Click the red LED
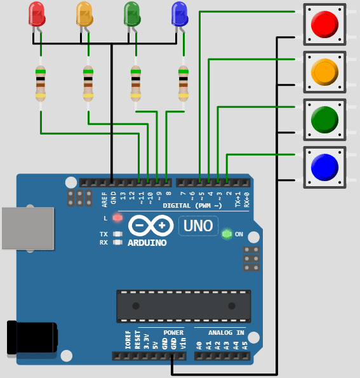coord(37,14)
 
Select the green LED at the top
coord(132,14)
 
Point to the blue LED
coord(180,14)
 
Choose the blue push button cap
coord(324,167)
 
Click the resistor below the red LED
coord(41,84)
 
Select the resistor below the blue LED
coord(183,84)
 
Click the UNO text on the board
coord(198,225)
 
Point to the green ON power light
coord(227,234)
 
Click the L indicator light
coord(117,218)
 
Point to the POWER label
coord(173,332)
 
